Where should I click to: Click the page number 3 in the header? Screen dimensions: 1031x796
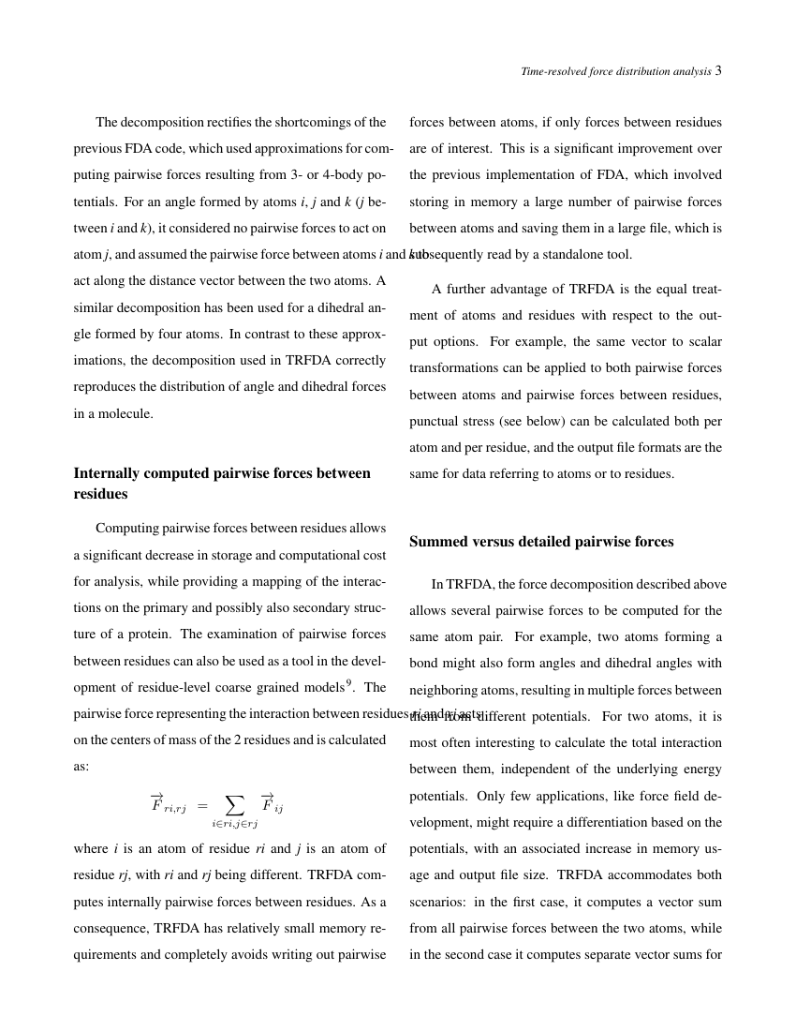coord(718,71)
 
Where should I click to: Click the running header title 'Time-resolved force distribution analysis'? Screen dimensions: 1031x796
coord(615,71)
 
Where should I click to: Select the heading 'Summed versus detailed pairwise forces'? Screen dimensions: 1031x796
coord(541,542)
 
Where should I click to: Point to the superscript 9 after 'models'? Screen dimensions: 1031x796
coord(349,683)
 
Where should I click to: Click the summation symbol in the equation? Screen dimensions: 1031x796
coord(234,804)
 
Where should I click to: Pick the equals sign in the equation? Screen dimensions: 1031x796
coord(202,806)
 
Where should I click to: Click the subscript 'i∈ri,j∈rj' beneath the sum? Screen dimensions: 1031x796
coord(234,824)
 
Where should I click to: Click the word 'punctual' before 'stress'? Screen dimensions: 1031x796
coord(435,421)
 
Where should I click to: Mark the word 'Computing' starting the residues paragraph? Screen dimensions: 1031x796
coord(126,528)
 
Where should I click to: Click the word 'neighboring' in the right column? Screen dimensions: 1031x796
coord(445,691)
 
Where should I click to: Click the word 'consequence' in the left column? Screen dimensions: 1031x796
coord(112,929)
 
